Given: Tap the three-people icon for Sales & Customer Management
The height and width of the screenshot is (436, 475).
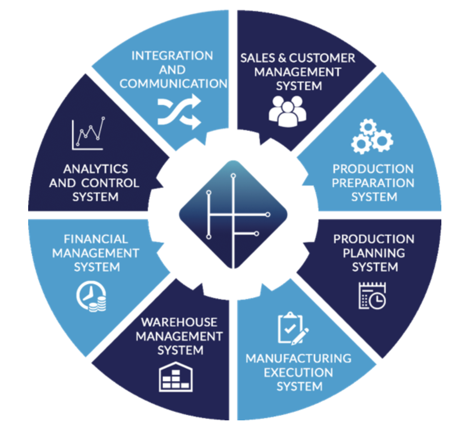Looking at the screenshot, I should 288,111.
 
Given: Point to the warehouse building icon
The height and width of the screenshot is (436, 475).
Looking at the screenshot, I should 176,377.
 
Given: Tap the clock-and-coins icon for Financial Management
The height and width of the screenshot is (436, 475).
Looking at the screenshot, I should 91,297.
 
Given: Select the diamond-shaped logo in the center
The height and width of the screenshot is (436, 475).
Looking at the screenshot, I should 233,214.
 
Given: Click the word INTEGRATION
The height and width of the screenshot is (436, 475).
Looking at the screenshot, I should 172,56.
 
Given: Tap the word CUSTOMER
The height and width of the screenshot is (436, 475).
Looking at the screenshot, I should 322,58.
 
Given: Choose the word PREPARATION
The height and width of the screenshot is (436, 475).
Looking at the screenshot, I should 373,183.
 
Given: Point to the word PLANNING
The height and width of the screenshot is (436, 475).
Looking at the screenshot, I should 374,253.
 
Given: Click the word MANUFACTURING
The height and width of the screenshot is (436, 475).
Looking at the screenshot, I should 299,359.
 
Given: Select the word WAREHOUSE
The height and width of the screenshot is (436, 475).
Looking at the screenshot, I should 179,322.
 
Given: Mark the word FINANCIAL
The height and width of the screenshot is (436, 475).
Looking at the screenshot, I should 96,239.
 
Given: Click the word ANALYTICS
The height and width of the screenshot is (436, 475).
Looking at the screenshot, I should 95,169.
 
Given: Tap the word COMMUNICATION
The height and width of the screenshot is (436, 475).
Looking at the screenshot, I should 173,84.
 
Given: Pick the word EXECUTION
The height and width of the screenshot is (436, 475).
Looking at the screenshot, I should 299,373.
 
